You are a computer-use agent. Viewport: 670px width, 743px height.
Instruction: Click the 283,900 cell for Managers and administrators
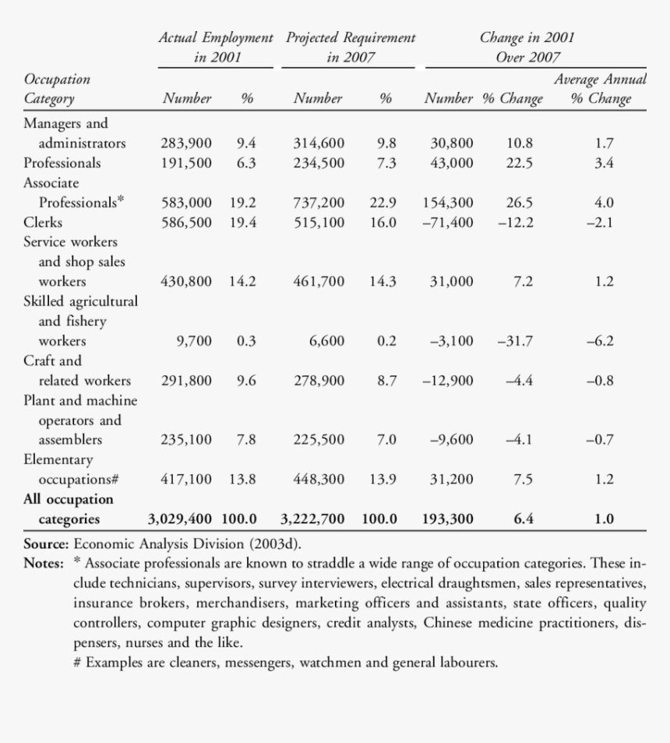(x=186, y=143)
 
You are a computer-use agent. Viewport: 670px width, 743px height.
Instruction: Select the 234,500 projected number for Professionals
(x=319, y=163)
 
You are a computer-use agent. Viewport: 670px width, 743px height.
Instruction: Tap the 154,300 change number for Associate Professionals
(x=448, y=202)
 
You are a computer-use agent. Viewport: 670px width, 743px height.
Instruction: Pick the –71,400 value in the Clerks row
(x=448, y=222)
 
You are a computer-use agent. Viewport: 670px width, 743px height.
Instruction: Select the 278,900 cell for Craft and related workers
(x=319, y=381)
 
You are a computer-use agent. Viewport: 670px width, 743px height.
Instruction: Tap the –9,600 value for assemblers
(x=452, y=440)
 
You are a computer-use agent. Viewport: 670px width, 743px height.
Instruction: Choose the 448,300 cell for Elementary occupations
(x=319, y=480)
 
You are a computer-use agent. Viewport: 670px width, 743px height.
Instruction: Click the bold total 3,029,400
(x=180, y=519)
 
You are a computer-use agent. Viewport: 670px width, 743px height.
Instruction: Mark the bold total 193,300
(x=448, y=519)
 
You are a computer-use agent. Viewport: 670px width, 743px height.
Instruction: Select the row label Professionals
(x=62, y=163)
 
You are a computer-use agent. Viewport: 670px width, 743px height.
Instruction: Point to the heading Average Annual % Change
(x=600, y=89)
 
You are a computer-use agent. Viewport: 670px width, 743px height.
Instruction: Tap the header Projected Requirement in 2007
(x=350, y=48)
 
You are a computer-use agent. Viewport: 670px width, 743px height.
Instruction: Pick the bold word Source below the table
(x=46, y=544)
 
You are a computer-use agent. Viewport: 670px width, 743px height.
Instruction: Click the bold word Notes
(x=44, y=563)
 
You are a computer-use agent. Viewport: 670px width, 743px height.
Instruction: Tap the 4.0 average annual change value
(x=604, y=202)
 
